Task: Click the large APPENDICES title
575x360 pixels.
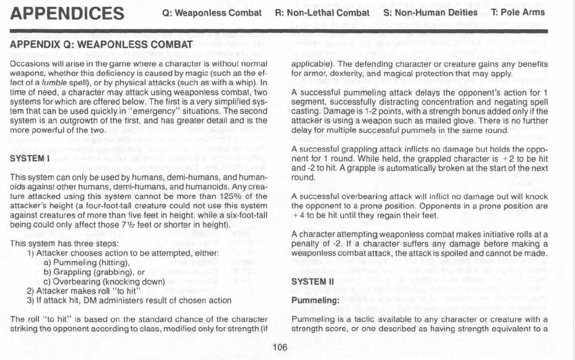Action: [x=67, y=13]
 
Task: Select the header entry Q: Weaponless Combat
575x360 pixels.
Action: [x=212, y=13]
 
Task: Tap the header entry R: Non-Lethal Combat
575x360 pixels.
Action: [x=322, y=13]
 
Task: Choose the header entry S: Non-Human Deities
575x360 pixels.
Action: [x=430, y=12]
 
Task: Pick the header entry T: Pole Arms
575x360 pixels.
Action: [x=517, y=12]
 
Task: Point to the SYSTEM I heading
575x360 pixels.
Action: [x=29, y=159]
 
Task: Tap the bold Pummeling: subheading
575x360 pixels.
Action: [x=312, y=300]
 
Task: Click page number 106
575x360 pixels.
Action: [x=280, y=348]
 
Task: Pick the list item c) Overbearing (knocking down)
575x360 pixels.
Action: [x=104, y=282]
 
